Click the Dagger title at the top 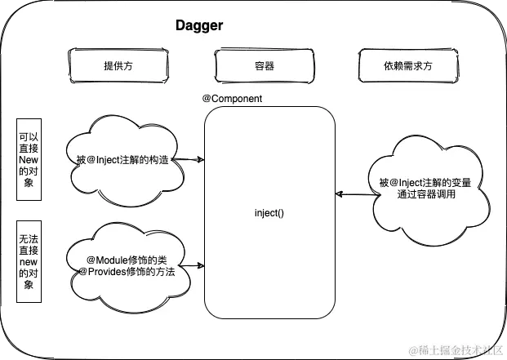[199, 26]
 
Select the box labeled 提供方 [119, 65]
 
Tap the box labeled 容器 [265, 65]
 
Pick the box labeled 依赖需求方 [407, 65]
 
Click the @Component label [232, 98]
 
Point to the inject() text [269, 212]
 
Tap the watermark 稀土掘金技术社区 [459, 349]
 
